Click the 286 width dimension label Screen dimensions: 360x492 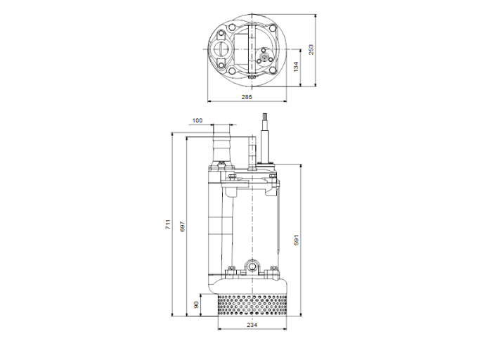tap(247, 96)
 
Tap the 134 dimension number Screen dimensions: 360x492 tap(296, 67)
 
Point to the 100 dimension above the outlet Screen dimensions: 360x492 tap(197, 121)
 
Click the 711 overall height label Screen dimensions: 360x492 tap(167, 225)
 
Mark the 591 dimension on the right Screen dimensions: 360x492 tap(297, 240)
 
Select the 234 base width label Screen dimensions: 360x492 tap(252, 324)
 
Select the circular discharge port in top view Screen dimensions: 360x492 tap(222, 49)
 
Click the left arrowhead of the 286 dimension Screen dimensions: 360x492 tap(210, 101)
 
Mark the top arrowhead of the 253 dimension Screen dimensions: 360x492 tap(316, 14)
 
